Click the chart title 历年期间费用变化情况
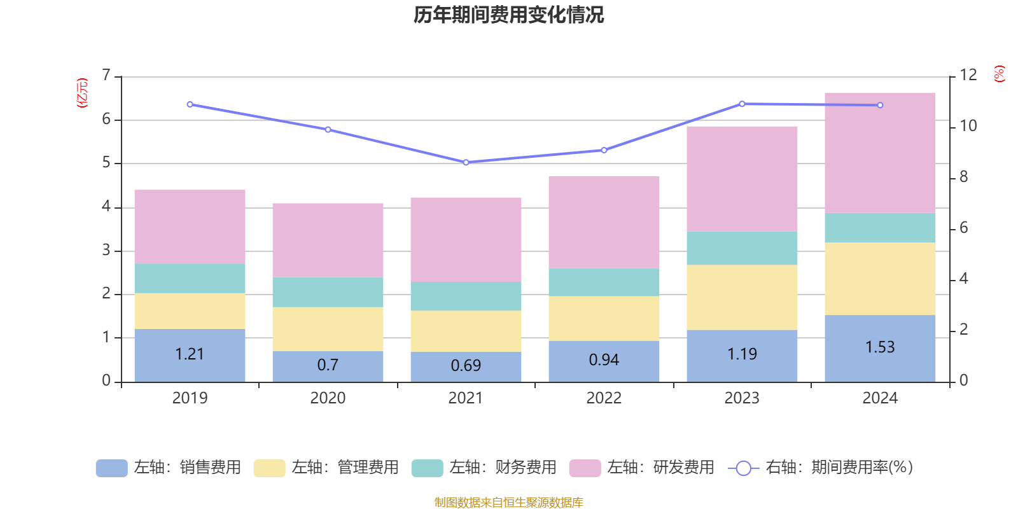(x=508, y=15)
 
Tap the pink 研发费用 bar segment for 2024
(x=880, y=153)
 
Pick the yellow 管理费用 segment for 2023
(x=742, y=297)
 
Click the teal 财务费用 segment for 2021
(x=466, y=296)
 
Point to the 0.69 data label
(x=466, y=366)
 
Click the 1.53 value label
(x=880, y=347)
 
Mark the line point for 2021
(x=466, y=162)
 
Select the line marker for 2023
(x=742, y=104)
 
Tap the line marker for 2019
(x=190, y=104)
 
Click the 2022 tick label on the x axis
(x=604, y=398)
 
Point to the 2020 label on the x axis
(x=328, y=398)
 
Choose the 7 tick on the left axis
(x=106, y=76)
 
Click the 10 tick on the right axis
(x=968, y=126)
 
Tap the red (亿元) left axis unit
(x=82, y=93)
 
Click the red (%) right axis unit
(x=999, y=74)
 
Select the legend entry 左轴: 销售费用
(x=169, y=468)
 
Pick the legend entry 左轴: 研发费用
(x=642, y=468)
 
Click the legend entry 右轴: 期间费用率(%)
(x=821, y=468)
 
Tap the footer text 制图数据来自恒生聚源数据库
(x=508, y=503)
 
